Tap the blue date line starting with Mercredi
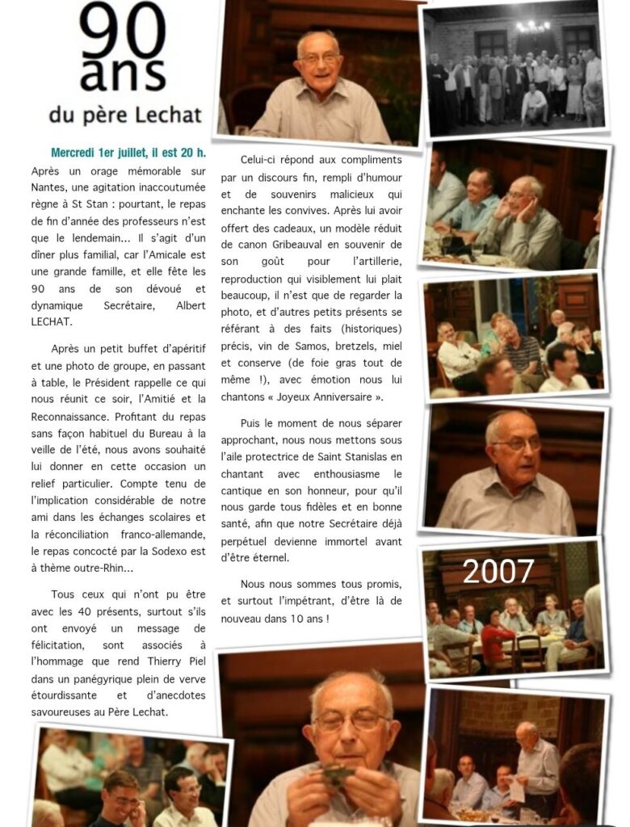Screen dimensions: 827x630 pyautogui.click(x=128, y=153)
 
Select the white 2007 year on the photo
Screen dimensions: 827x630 pyautogui.click(x=498, y=572)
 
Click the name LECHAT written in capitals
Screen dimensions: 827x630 pyautogui.click(x=52, y=321)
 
